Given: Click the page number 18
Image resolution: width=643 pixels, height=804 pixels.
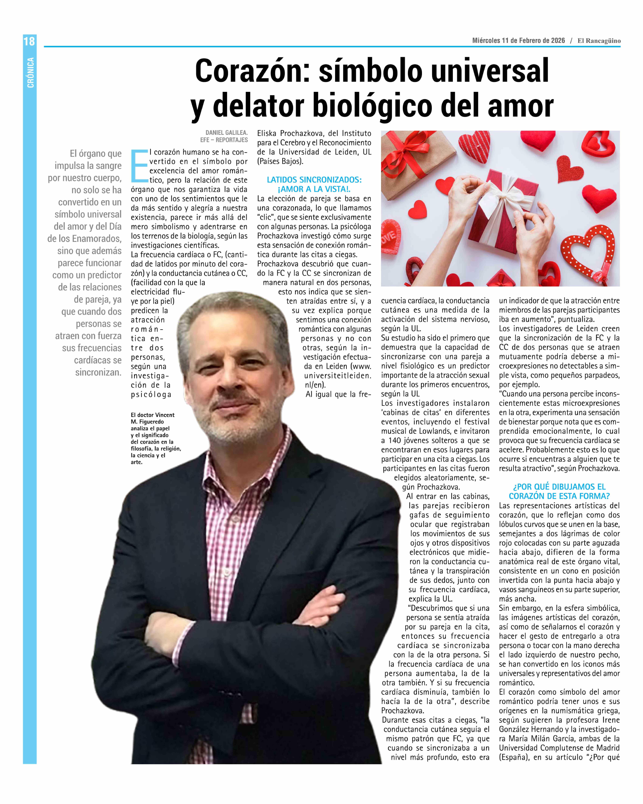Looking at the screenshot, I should click(x=29, y=41).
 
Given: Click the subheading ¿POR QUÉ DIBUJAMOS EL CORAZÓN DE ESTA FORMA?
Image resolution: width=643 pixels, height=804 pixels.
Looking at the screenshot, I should click(x=559, y=491).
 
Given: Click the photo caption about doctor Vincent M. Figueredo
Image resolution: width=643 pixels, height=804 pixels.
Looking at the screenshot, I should click(x=155, y=438).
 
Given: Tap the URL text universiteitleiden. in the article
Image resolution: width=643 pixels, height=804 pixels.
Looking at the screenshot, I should click(x=337, y=376).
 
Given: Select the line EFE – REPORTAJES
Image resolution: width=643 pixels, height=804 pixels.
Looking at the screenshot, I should click(x=224, y=140).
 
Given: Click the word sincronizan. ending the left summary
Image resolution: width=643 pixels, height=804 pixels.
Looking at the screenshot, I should click(x=98, y=372).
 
